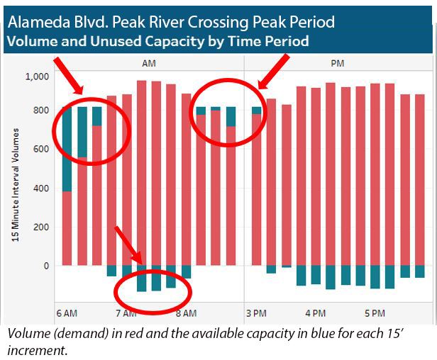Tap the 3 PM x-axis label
(x=255, y=313)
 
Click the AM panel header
(x=149, y=63)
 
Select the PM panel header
(x=339, y=63)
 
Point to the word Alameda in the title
(x=36, y=19)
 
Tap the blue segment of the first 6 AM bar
(x=67, y=149)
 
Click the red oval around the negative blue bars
(x=154, y=287)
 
